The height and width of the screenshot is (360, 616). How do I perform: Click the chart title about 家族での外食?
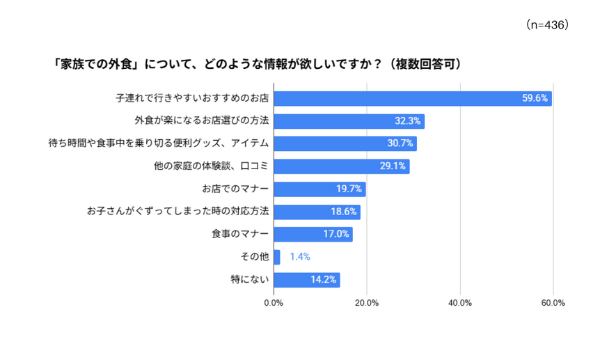258,63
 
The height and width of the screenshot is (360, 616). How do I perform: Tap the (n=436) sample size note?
547,25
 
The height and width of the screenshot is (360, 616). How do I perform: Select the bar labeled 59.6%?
413,98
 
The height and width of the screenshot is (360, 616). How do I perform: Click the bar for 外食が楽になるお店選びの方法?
349,121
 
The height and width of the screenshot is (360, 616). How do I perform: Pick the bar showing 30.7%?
345,143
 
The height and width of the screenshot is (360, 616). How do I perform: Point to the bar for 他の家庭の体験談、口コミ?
342,166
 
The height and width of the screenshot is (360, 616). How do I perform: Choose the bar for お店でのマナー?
319,189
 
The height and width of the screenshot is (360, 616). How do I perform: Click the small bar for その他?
277,257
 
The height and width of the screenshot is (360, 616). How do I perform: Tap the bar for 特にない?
307,280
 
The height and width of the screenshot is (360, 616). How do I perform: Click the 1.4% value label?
300,257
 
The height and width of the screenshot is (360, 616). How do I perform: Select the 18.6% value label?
343,212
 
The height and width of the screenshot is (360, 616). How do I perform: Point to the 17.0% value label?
336,234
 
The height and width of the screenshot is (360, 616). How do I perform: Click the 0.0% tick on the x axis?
274,303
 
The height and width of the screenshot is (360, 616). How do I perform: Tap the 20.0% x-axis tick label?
367,303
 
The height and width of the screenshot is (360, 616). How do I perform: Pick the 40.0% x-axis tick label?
460,303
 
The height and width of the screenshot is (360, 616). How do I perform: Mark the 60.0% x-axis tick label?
553,303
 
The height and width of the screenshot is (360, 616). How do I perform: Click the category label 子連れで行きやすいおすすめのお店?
192,98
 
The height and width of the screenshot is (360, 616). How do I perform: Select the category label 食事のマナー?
240,234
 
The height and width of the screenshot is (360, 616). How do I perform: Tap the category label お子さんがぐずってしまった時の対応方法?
178,212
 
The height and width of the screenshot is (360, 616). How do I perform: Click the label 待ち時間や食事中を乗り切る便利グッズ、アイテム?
159,143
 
